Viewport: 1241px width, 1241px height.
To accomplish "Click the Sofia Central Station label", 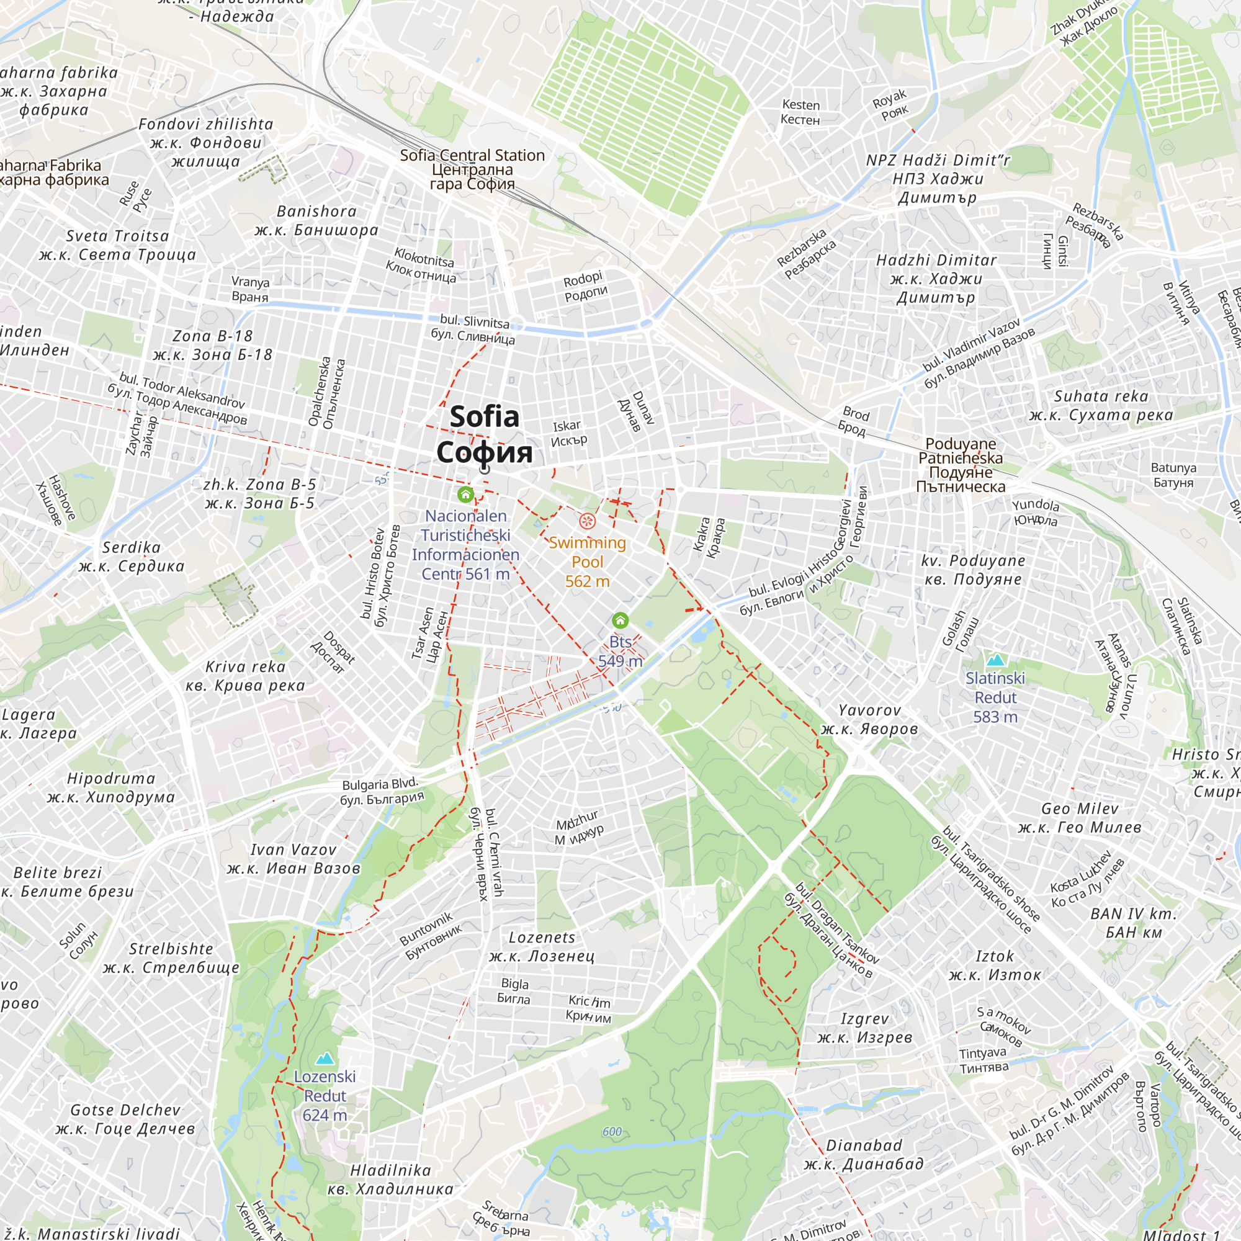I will [472, 169].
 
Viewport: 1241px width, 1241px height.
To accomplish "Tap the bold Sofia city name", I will [485, 434].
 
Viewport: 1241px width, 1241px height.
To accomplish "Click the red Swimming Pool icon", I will [587, 521].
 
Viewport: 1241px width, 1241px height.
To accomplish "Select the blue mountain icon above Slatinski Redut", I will [995, 660].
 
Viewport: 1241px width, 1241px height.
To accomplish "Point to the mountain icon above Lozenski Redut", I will [325, 1058].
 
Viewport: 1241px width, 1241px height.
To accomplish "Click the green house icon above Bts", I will [620, 620].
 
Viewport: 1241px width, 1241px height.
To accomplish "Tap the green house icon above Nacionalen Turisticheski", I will [466, 494].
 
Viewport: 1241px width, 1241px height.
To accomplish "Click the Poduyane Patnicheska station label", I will [961, 465].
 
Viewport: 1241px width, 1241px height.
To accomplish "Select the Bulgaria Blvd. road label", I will [382, 791].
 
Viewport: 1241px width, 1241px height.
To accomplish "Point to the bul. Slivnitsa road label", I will [473, 328].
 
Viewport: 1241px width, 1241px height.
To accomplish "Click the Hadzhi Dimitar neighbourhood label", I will [936, 278].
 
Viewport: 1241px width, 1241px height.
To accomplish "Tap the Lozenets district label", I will [542, 946].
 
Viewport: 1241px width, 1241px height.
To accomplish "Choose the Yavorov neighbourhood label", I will [869, 719].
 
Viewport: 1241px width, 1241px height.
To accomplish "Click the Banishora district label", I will [316, 220].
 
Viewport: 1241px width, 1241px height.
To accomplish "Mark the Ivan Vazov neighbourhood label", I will [293, 859].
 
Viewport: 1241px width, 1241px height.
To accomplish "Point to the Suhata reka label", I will [1101, 405].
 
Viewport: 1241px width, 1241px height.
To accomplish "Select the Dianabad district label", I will [864, 1154].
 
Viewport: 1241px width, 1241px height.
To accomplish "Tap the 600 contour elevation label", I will [612, 1131].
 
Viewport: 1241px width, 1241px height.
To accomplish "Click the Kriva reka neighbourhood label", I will [245, 676].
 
